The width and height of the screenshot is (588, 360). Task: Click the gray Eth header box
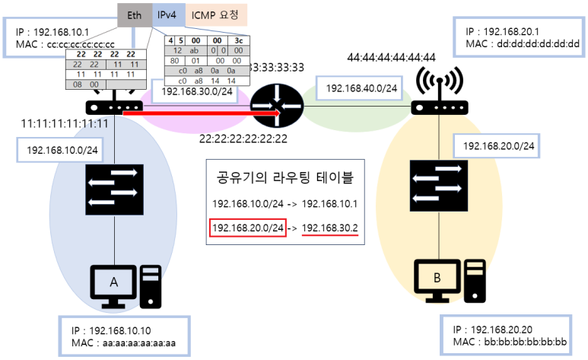pyautogui.click(x=134, y=14)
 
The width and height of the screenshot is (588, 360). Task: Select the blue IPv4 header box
pyautogui.click(x=167, y=14)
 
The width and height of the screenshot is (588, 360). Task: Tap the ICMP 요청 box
pyautogui.click(x=214, y=14)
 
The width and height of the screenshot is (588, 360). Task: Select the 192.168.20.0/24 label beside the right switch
pyautogui.click(x=498, y=145)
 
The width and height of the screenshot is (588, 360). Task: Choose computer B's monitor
pyautogui.click(x=438, y=279)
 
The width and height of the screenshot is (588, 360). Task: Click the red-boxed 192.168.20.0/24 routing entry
pyautogui.click(x=248, y=228)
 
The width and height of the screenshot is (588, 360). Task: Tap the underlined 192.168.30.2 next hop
pyautogui.click(x=330, y=228)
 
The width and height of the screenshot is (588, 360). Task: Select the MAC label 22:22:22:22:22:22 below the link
pyautogui.click(x=243, y=139)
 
